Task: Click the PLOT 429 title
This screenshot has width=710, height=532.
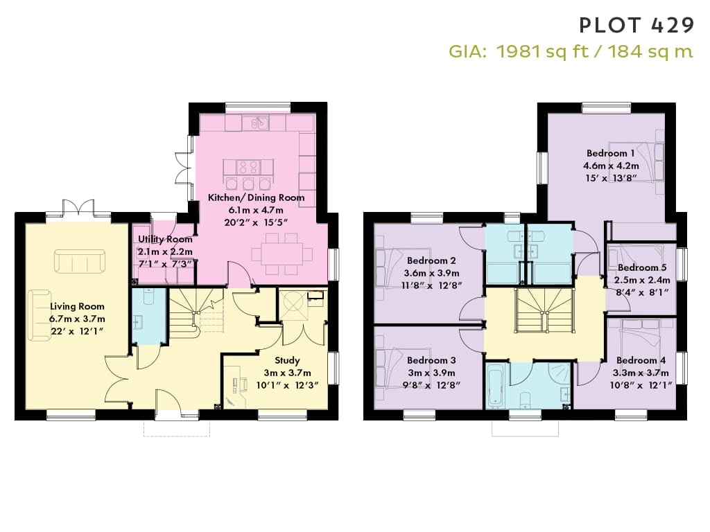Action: (637, 26)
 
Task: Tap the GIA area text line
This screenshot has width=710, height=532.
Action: (571, 51)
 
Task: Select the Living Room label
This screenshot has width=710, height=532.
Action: (77, 306)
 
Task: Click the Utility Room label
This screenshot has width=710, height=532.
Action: (165, 239)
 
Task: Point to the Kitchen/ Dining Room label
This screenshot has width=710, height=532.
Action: (257, 197)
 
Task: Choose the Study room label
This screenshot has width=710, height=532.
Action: (287, 360)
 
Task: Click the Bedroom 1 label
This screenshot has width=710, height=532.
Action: (610, 153)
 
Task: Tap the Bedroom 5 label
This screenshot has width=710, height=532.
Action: (642, 267)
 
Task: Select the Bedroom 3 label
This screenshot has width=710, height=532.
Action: (431, 360)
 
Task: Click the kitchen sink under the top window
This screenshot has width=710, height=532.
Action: (255, 123)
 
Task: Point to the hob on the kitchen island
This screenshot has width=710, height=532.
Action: (249, 166)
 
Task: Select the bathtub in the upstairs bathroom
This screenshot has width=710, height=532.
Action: (494, 386)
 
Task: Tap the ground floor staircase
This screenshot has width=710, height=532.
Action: (196, 312)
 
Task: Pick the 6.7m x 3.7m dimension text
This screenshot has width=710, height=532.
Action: (77, 319)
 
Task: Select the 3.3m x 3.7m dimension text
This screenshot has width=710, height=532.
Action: (640, 373)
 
